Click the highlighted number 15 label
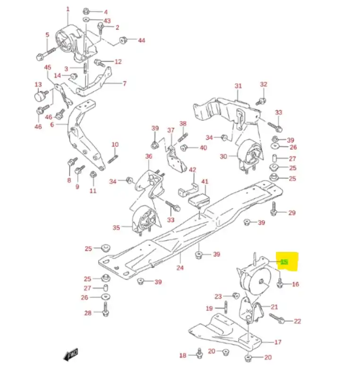tap(284, 262)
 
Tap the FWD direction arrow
tap(70, 354)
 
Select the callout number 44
tap(141, 40)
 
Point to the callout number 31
tap(238, 86)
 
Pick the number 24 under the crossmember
tap(180, 268)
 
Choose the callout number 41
tap(205, 182)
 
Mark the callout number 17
tap(278, 342)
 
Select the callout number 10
tap(115, 145)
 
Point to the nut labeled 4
tap(86, 11)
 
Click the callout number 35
tap(116, 227)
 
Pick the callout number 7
tap(125, 84)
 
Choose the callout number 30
tap(223, 156)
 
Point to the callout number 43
tap(107, 21)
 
